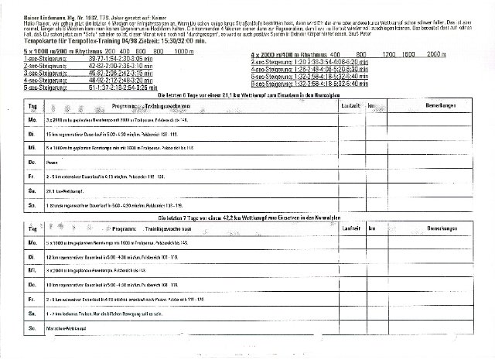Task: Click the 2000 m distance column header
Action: tap(438, 55)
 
